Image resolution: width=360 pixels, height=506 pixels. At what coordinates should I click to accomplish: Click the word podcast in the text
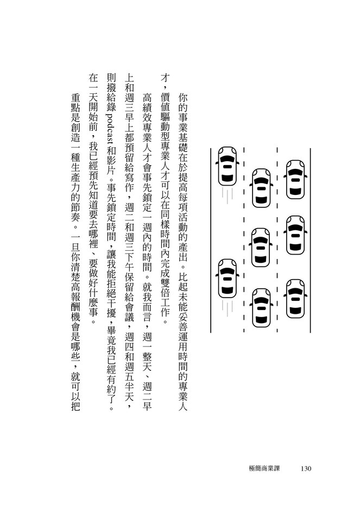click(111, 129)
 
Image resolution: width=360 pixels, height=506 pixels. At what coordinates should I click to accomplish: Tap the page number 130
click(306, 469)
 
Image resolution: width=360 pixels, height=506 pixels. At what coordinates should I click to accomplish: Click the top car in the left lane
click(228, 166)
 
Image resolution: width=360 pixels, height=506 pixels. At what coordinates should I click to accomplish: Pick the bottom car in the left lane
click(228, 278)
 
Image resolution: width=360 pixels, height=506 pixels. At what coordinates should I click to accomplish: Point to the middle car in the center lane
click(261, 247)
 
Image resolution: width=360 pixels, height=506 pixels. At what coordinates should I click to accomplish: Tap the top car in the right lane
click(295, 179)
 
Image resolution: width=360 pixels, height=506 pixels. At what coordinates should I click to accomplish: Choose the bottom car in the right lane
click(295, 299)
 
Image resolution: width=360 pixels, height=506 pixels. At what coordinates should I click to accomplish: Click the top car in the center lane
click(261, 188)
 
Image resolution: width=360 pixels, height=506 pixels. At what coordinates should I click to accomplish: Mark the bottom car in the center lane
click(261, 307)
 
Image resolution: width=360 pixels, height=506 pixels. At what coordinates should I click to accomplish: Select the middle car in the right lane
click(295, 235)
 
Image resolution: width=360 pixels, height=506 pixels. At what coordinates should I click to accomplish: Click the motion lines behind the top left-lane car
click(228, 196)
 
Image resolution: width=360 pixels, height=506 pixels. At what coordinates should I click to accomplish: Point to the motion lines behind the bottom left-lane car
click(228, 308)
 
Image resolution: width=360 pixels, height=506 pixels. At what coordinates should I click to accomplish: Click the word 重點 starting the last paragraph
click(75, 103)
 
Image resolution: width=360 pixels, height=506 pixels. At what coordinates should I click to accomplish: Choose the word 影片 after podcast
click(111, 165)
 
